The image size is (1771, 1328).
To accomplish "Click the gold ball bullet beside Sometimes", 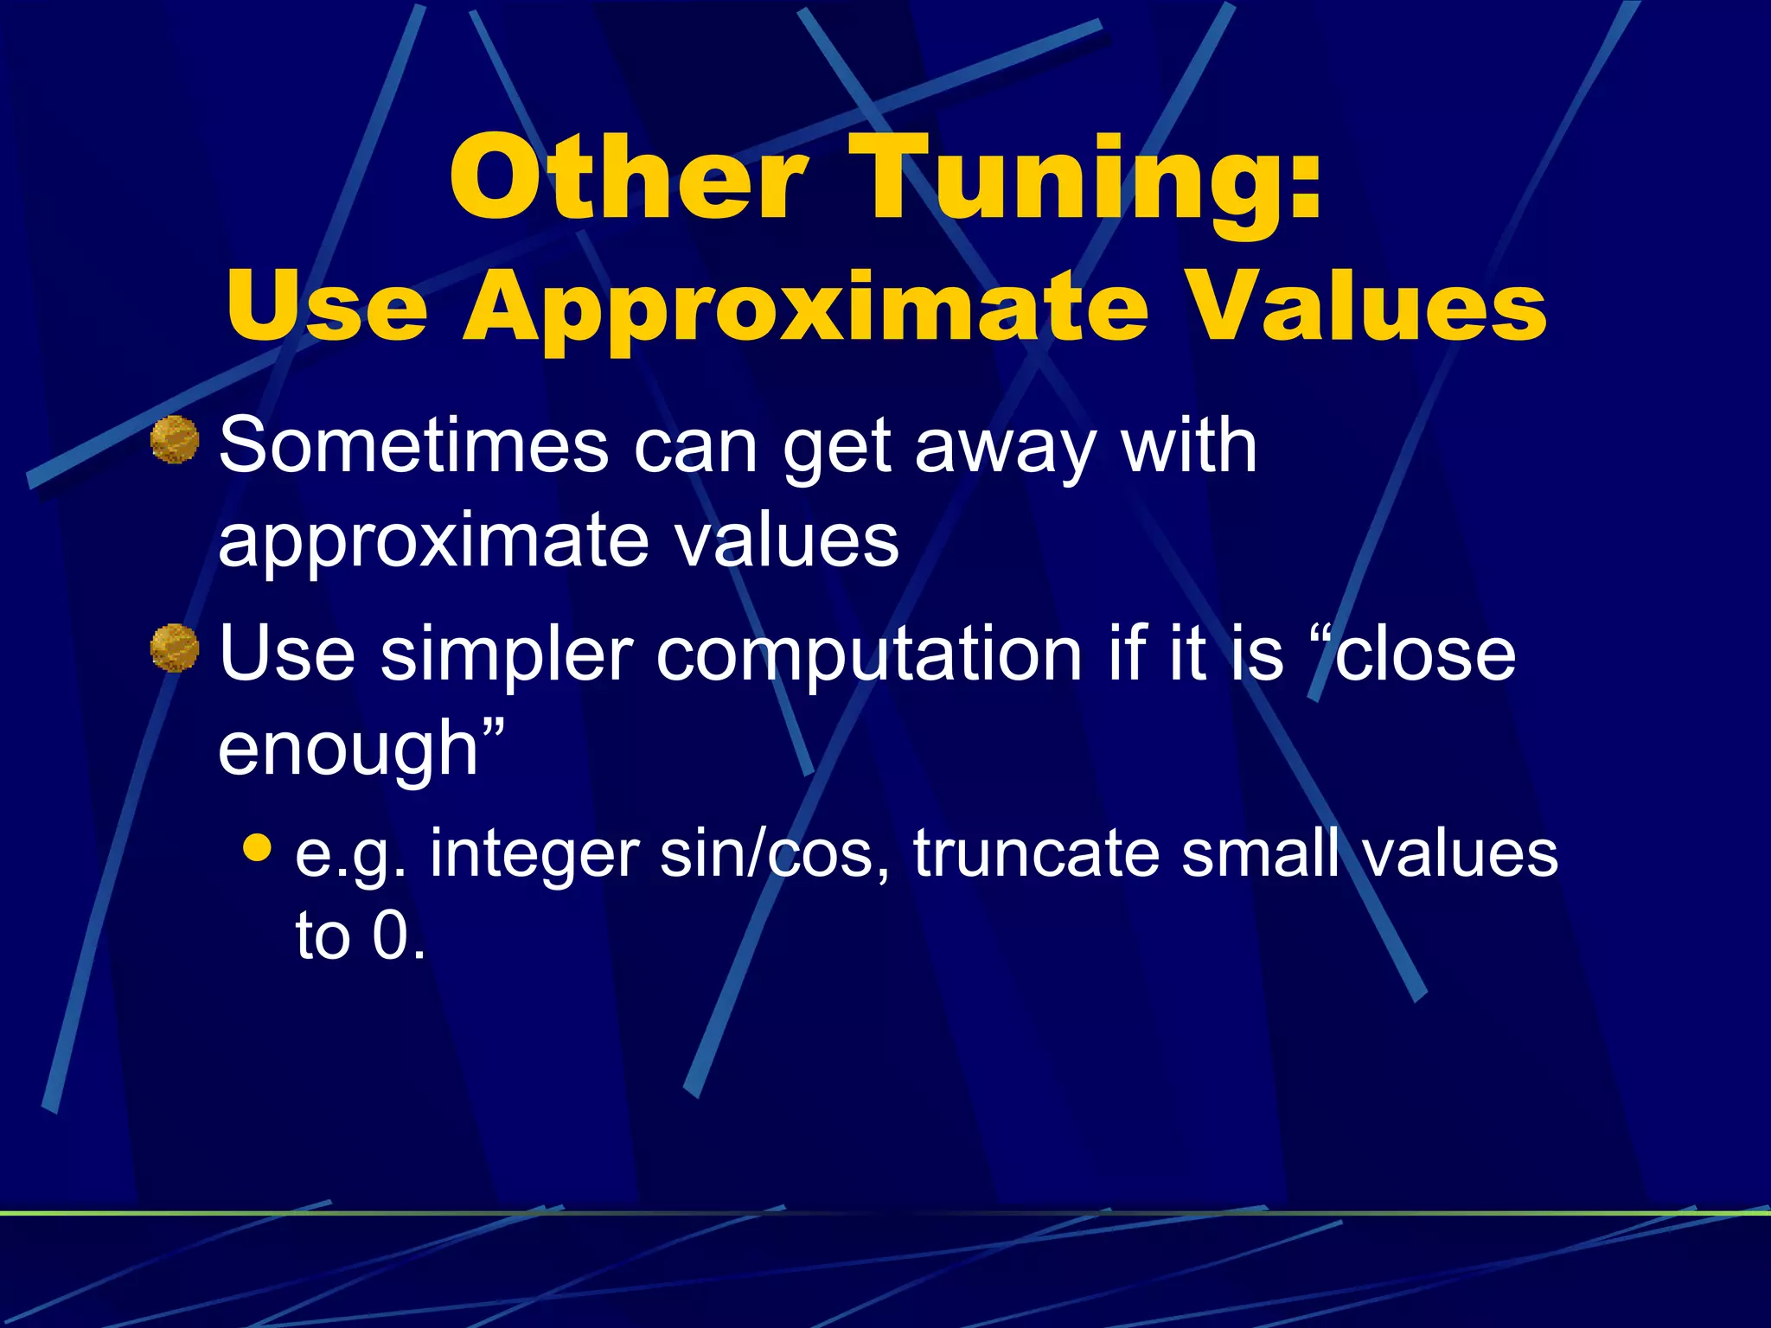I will tap(175, 439).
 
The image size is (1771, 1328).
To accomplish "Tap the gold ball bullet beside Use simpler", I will tap(175, 648).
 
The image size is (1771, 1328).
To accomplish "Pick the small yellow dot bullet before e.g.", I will tap(257, 847).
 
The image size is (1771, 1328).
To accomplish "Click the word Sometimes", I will tap(413, 446).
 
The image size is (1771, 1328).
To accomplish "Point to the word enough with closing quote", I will tap(359, 749).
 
